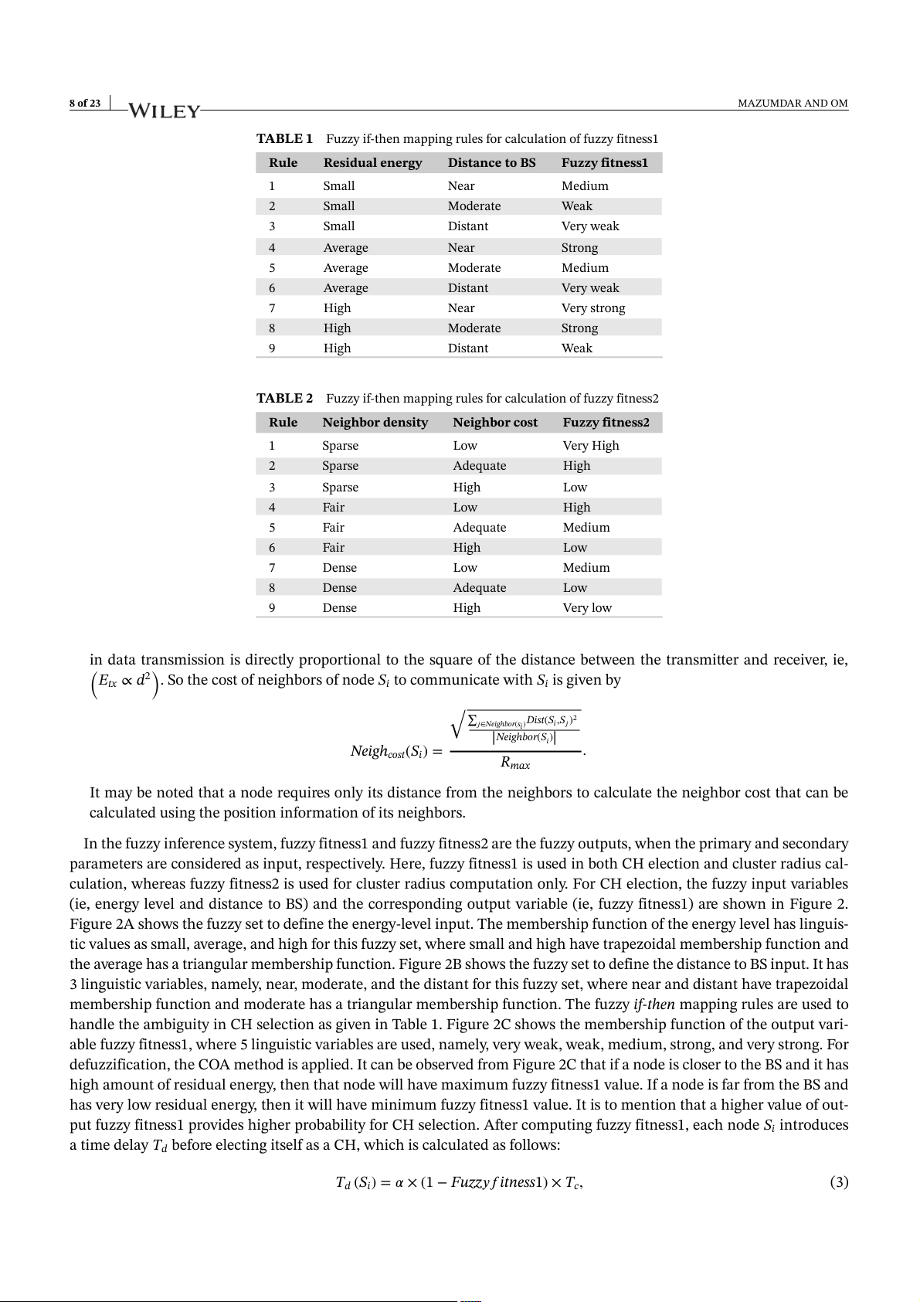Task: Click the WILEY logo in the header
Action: pos(164,111)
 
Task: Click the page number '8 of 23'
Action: pos(85,104)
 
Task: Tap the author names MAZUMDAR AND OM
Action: pos(793,104)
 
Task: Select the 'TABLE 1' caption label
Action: pos(284,139)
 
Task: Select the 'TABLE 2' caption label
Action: pos(284,399)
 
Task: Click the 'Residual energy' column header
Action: pos(372,163)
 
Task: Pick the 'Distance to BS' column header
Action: pos(491,163)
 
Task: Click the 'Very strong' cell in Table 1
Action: pos(592,308)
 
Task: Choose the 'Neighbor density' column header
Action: pos(375,423)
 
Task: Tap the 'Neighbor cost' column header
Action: pos(495,423)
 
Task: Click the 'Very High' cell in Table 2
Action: pos(590,446)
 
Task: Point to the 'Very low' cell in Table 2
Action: pos(586,608)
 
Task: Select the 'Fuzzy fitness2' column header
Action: pos(606,423)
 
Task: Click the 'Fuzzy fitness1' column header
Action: pos(604,163)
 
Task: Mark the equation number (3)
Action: pos(839,1182)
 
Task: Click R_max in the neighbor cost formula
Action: pos(515,763)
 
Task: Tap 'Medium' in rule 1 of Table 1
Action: pos(585,186)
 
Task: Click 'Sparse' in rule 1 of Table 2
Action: pos(340,446)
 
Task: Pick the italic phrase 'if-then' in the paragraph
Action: pos(654,1005)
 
